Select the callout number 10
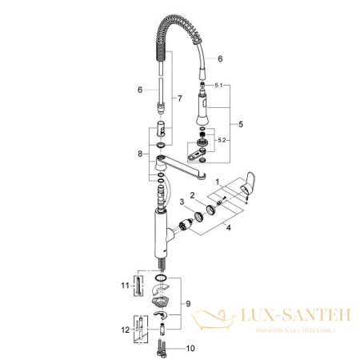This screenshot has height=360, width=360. pos(190,349)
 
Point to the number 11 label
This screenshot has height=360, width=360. pos(125,283)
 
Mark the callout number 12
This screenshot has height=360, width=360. pos(125,329)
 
